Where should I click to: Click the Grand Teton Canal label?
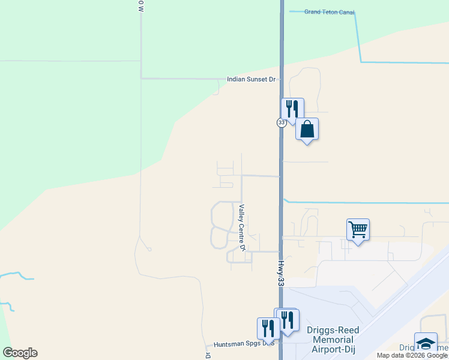pos(329,12)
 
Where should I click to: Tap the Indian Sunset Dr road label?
pos(251,79)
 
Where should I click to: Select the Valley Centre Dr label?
pos(243,228)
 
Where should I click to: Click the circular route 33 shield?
pos(282,122)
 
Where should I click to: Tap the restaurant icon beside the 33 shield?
pos(292,109)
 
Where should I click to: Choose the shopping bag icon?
pos(307,129)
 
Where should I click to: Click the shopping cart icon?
pos(358,229)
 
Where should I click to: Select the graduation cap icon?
pos(426,343)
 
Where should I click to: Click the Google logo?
pos(20,353)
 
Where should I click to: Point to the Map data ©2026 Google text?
pos(412,355)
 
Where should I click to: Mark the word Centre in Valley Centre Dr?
pos(243,229)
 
